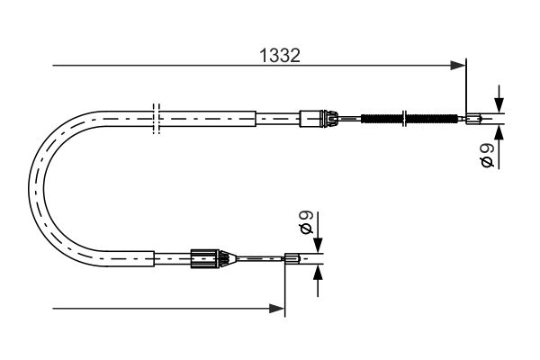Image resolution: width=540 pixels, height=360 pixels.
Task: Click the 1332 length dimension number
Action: pyautogui.click(x=280, y=56)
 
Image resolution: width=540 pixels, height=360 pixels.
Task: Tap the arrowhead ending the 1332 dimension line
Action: pyautogui.click(x=458, y=65)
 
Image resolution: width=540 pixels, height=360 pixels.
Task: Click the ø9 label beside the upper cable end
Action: pyautogui.click(x=487, y=156)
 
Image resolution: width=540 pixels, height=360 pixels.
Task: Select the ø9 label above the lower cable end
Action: pyautogui.click(x=306, y=223)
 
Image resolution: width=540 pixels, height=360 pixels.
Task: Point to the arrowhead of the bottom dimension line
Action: pyautogui.click(x=277, y=309)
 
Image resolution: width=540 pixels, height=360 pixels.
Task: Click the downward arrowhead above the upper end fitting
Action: pyautogui.click(x=499, y=105)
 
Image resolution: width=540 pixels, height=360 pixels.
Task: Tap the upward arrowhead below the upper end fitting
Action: pyautogui.click(x=499, y=132)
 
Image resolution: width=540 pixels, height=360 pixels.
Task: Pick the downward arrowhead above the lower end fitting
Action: pyautogui.click(x=318, y=246)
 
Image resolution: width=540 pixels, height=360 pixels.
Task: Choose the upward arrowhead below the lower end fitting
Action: pyautogui.click(x=318, y=273)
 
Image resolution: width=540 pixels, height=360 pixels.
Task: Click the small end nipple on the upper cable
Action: pyautogui.click(x=473, y=119)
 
